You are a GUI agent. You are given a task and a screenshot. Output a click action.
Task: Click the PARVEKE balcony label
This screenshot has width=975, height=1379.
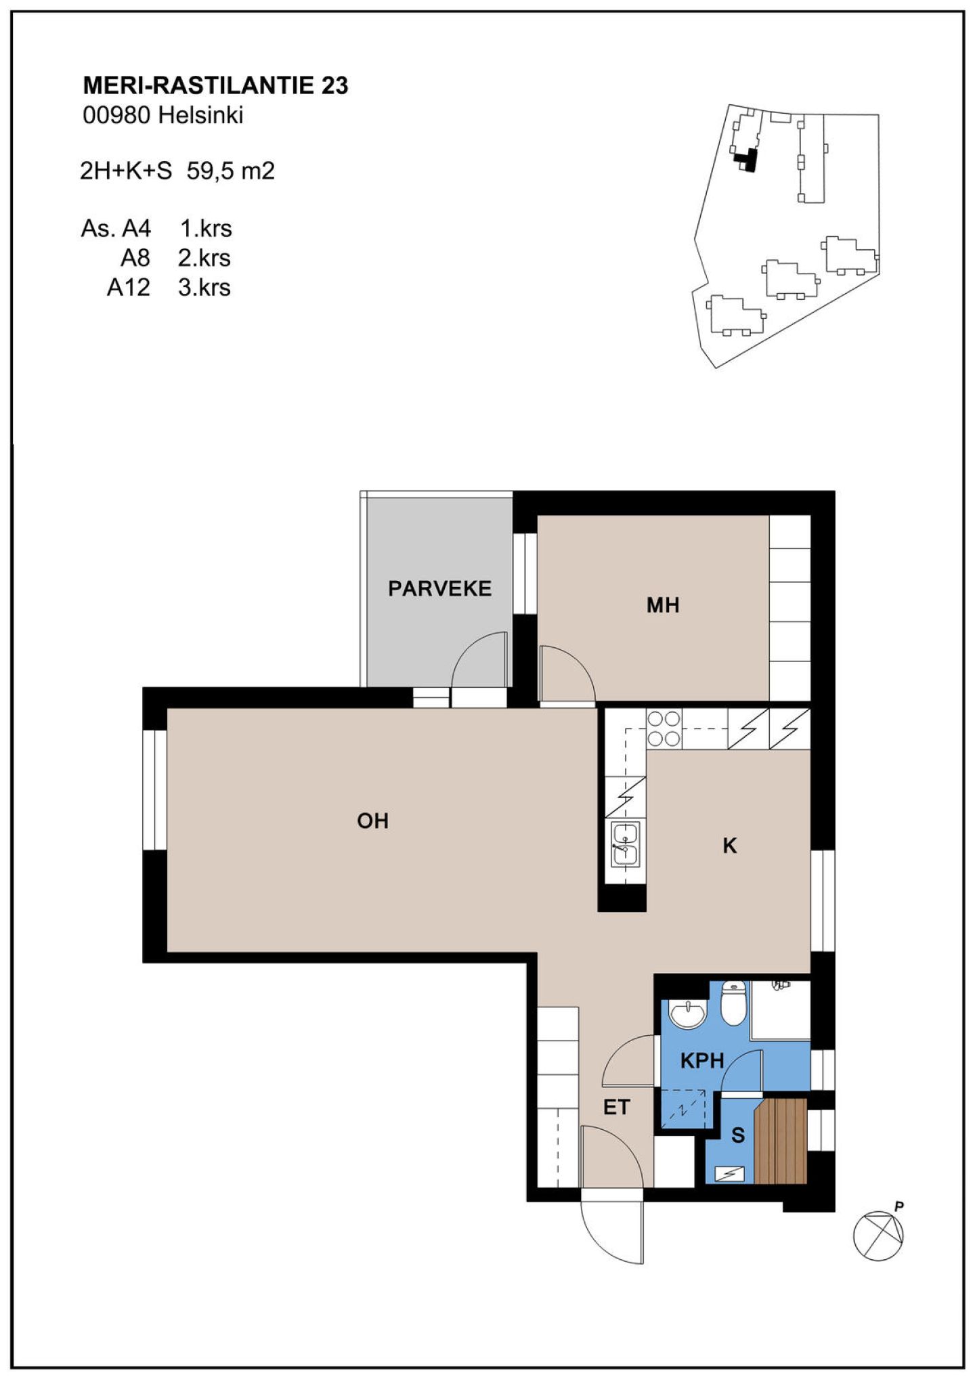(x=439, y=588)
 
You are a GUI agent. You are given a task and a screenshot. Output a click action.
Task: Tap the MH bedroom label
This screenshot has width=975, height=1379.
(x=663, y=605)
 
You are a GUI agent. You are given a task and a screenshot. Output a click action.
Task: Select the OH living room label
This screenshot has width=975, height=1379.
(x=373, y=821)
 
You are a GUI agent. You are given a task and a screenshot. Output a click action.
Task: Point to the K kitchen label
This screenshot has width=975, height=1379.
(x=730, y=846)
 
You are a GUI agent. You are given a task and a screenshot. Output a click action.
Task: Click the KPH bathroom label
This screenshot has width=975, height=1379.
(x=702, y=1061)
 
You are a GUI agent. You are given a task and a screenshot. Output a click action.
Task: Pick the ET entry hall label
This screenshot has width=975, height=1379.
(x=617, y=1108)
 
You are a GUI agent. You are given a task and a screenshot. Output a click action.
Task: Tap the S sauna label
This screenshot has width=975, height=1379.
(x=738, y=1135)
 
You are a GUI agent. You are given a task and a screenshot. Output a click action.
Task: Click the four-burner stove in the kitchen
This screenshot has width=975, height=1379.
(x=664, y=728)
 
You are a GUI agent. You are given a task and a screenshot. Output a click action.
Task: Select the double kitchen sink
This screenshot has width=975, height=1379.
(x=625, y=844)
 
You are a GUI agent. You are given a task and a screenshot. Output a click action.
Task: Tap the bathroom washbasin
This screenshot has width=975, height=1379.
(x=687, y=1015)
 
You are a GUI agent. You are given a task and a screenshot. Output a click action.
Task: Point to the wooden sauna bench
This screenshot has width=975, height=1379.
(x=781, y=1141)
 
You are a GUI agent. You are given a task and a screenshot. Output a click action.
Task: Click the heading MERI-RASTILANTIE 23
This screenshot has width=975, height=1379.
(x=215, y=85)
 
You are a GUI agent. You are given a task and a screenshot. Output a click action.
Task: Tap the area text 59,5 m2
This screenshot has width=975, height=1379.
(x=231, y=171)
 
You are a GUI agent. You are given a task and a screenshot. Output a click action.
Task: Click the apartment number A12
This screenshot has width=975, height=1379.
(x=129, y=287)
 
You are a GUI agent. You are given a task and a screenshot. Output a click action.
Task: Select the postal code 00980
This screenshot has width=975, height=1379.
(x=116, y=115)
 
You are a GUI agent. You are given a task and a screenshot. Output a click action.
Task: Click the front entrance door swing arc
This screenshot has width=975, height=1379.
(x=603, y=1244)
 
